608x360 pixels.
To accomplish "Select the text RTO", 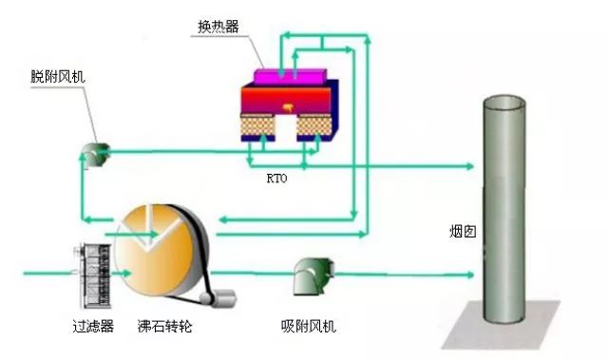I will tap(277, 177).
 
